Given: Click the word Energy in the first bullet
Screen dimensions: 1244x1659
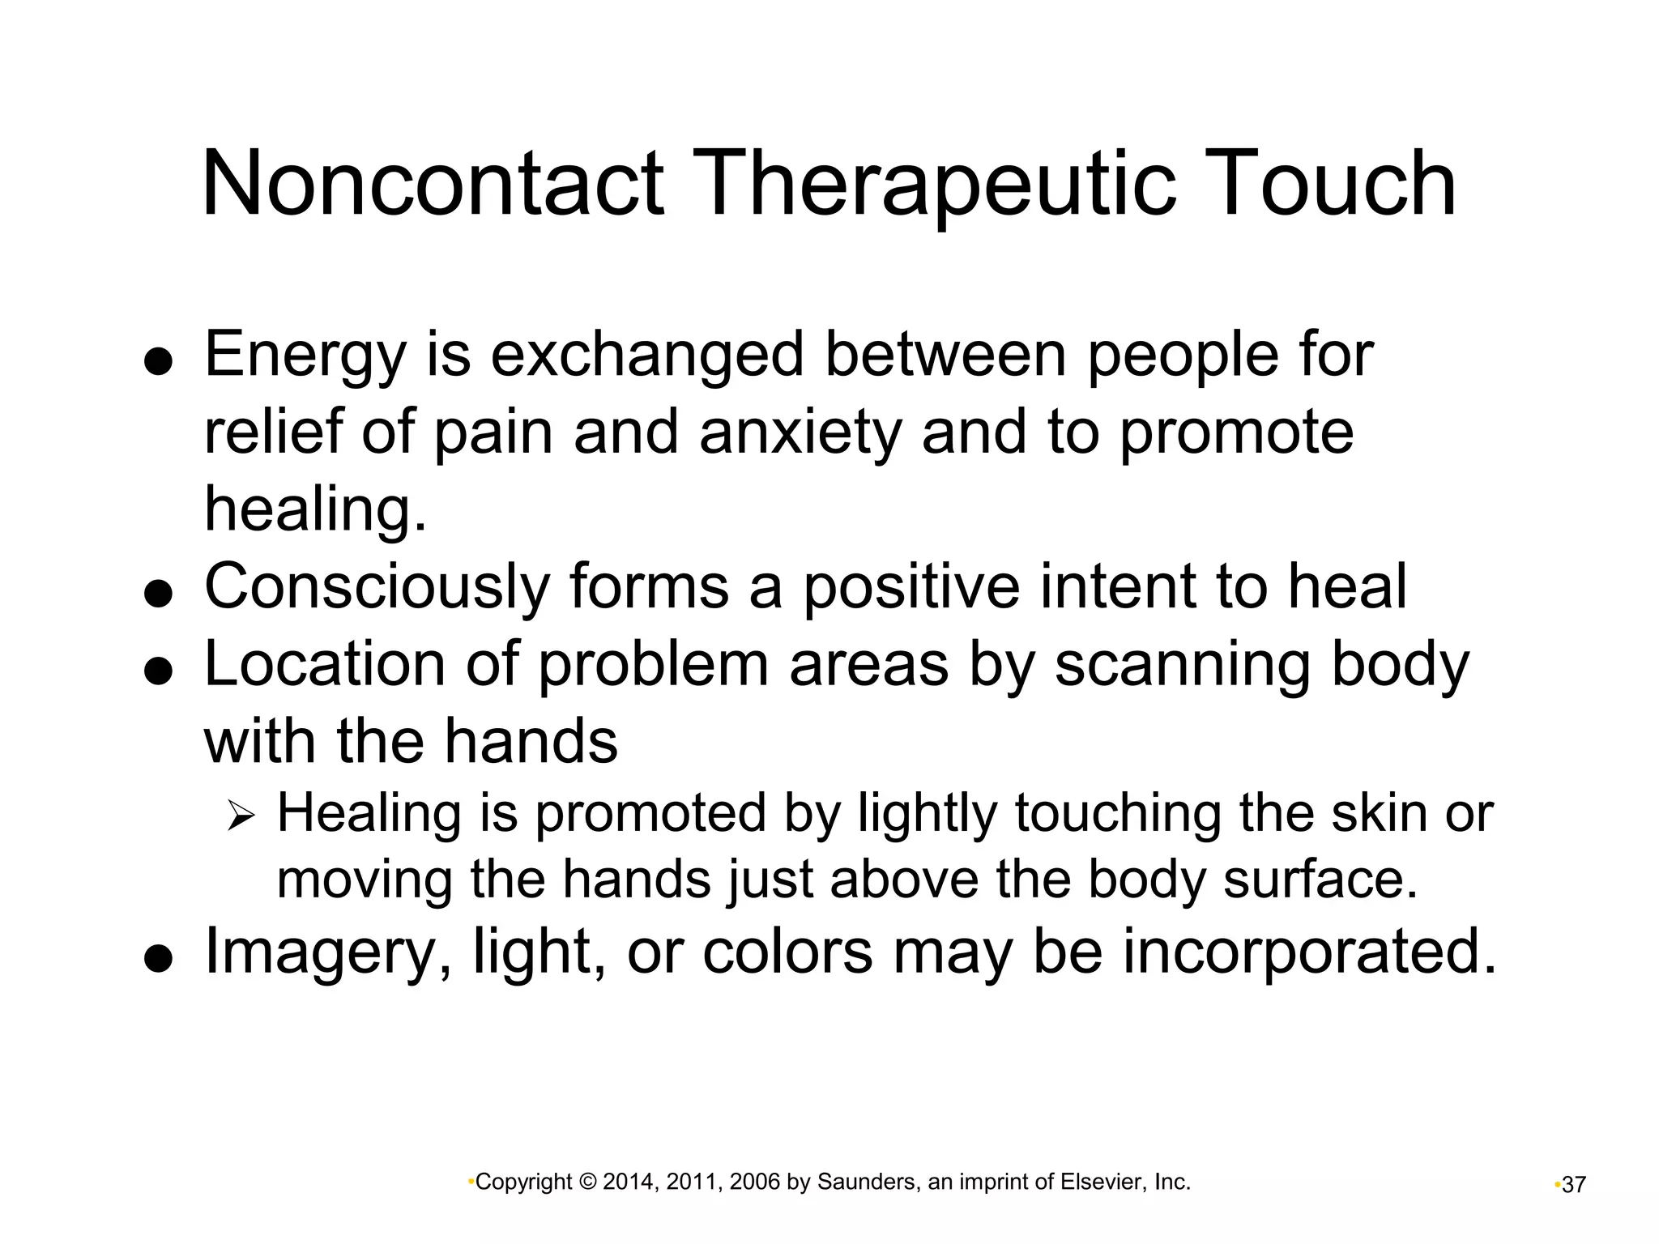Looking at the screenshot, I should (x=304, y=356).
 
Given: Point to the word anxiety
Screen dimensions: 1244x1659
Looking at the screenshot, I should (x=800, y=432).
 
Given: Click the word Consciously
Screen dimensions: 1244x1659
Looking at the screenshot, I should (x=377, y=586).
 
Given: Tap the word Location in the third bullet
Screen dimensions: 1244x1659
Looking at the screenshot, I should (x=324, y=664).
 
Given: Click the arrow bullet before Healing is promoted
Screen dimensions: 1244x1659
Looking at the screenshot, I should (x=241, y=815).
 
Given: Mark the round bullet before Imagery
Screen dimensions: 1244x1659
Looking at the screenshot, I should (x=159, y=960).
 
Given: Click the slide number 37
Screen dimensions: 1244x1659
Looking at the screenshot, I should (x=1574, y=1185).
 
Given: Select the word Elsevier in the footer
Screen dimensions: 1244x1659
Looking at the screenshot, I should (x=1102, y=1182).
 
